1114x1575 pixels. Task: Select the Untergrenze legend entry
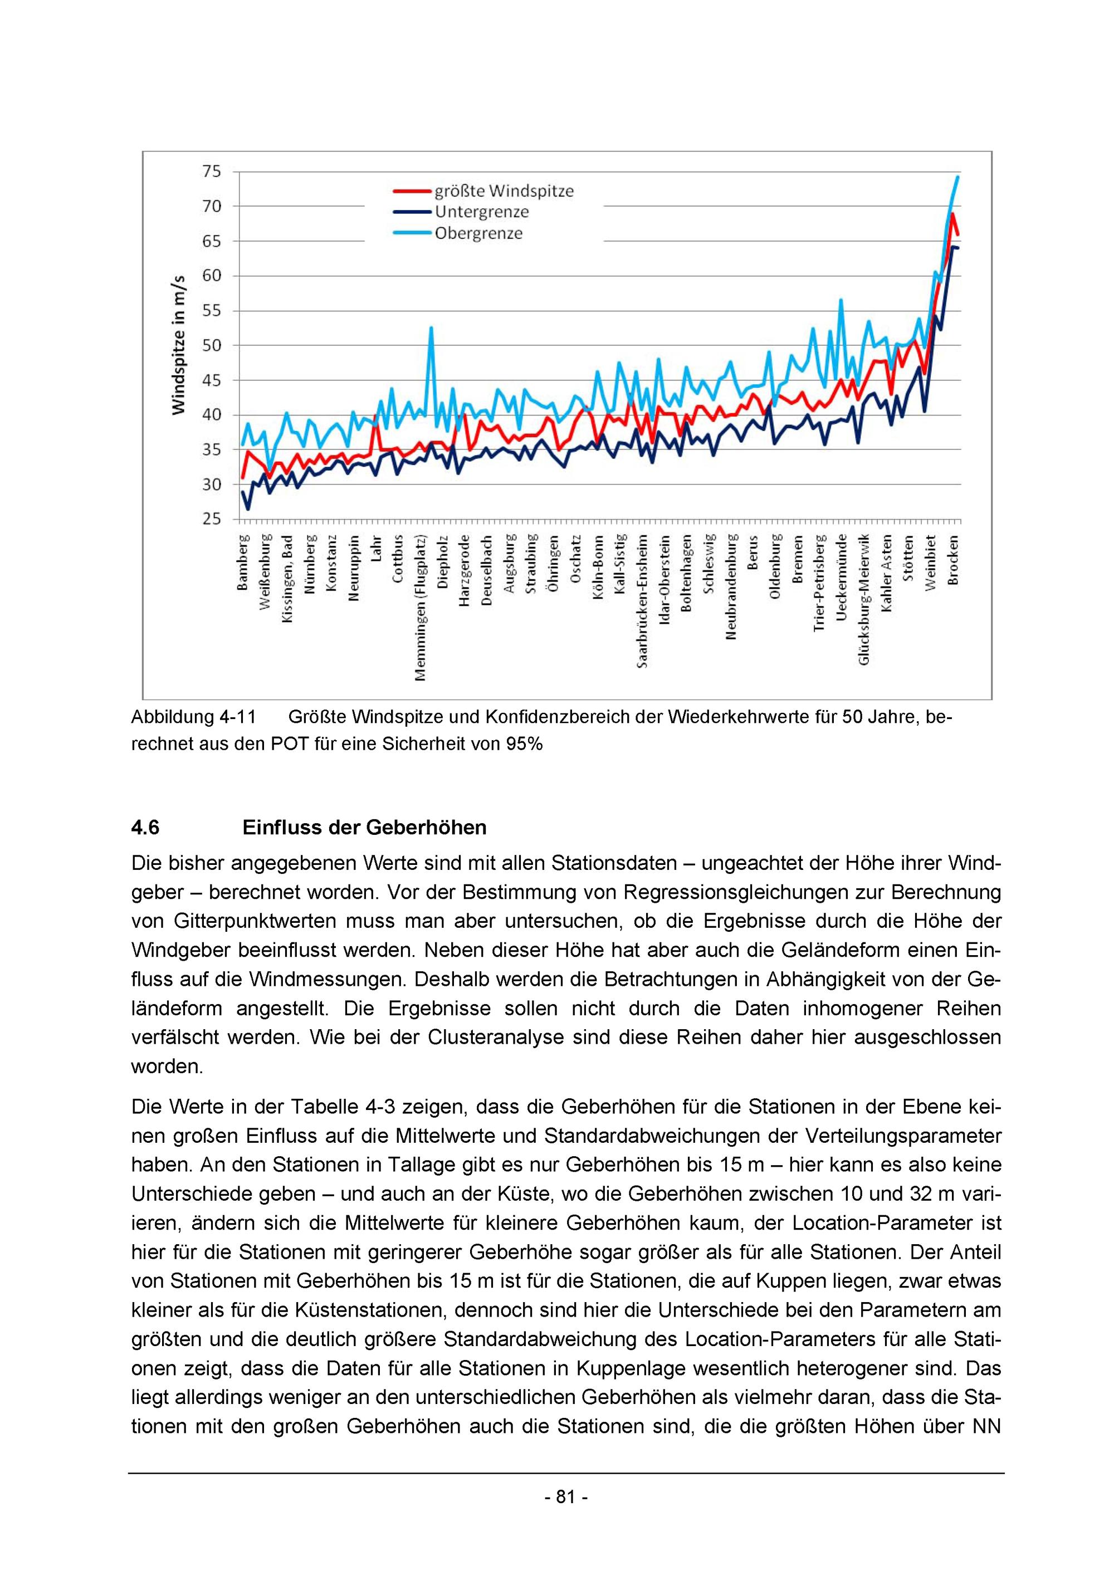pos(482,212)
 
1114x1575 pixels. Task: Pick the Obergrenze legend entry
pos(478,233)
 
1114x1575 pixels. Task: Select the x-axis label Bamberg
pos(243,563)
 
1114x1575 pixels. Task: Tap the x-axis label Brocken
pos(953,560)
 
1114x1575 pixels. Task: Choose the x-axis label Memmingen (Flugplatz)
pos(421,608)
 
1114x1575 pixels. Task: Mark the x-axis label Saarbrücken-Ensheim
pos(643,601)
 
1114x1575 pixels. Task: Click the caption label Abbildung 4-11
pos(193,717)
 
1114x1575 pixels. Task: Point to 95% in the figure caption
pos(524,744)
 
